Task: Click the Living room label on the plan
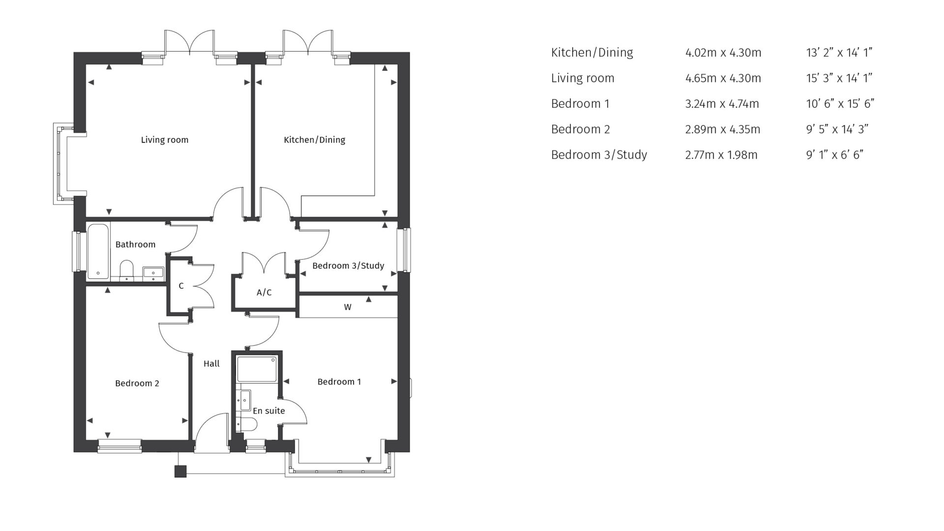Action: tap(164, 140)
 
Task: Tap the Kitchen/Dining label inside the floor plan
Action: tap(314, 140)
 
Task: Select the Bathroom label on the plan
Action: tap(135, 244)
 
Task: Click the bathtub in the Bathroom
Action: tap(98, 252)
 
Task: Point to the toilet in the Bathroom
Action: tap(127, 270)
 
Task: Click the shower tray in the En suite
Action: tap(257, 369)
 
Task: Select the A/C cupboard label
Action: tap(264, 293)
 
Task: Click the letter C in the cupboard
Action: tap(181, 286)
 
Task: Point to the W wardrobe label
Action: tap(348, 307)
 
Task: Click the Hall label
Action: tap(211, 364)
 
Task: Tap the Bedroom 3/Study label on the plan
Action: tap(348, 266)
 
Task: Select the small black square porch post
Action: tap(180, 471)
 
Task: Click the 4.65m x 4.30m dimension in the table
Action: tap(723, 78)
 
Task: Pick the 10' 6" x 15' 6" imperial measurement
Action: tap(840, 104)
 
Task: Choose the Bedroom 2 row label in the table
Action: tap(580, 129)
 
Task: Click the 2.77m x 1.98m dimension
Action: tap(721, 155)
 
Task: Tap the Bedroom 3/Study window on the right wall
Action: tap(406, 250)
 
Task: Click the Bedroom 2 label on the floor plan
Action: tap(137, 383)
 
